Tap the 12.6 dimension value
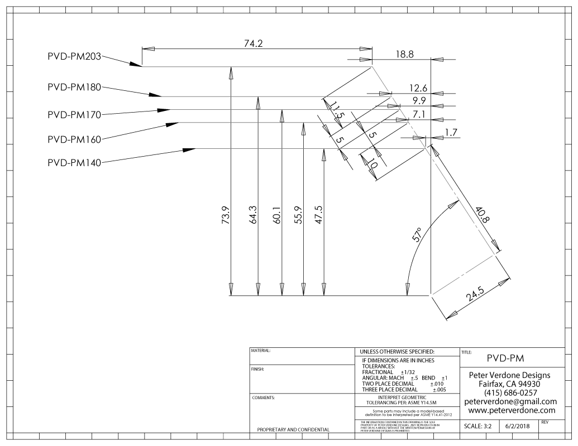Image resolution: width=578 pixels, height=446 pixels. tap(417, 88)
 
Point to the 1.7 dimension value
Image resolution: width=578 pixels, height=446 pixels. tap(451, 132)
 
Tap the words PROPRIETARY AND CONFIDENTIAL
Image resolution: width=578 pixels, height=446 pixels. tap(293, 430)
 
